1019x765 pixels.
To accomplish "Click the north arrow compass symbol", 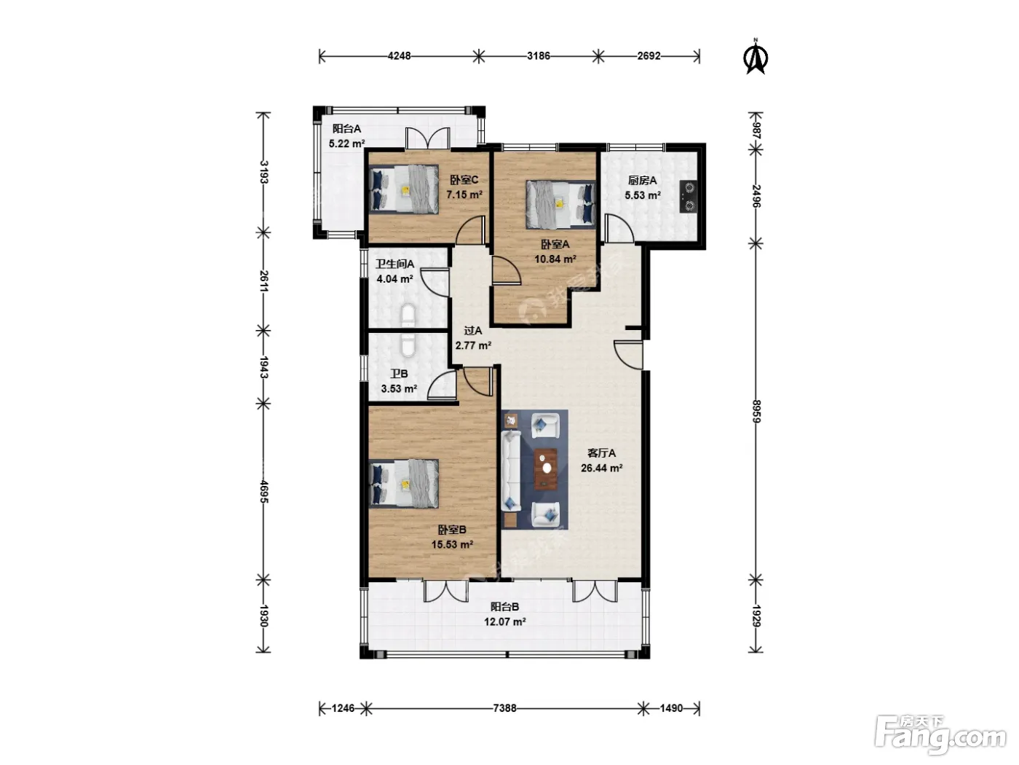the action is tap(755, 57).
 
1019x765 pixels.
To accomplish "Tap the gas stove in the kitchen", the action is tap(689, 197).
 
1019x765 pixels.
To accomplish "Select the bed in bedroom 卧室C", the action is tap(404, 189).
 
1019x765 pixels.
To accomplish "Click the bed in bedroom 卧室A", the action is tap(560, 205).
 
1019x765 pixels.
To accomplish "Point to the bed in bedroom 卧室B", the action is tap(404, 484).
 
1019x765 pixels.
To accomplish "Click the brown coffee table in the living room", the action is tap(545, 469).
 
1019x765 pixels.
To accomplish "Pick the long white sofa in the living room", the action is tap(511, 471).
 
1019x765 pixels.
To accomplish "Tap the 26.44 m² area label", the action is tap(601, 468).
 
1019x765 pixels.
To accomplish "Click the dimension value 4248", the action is tap(400, 56).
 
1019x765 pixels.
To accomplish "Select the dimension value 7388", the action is tap(504, 708).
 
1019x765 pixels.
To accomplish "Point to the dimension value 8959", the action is tap(756, 411).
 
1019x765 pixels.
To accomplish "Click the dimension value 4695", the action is tap(263, 492).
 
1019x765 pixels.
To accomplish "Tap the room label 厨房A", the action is tap(643, 180).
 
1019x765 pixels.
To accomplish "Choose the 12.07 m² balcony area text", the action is tap(504, 621).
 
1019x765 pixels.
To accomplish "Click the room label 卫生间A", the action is tap(394, 264).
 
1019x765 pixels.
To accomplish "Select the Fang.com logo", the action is tap(940, 736).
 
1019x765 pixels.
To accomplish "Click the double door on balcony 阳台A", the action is tap(428, 138).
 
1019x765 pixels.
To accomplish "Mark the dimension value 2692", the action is tap(649, 56).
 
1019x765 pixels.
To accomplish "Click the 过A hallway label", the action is tap(473, 331).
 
